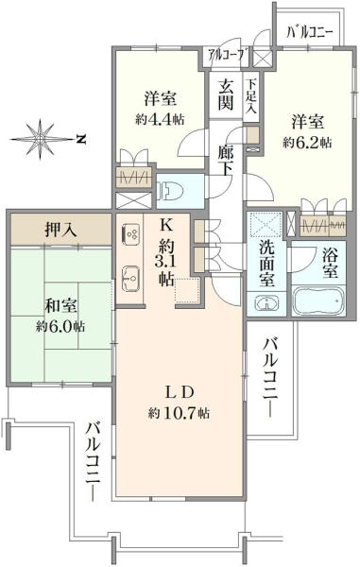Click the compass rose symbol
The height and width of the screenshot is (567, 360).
point(41,139)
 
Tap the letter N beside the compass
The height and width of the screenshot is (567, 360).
point(81,139)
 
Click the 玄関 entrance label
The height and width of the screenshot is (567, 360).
point(225,94)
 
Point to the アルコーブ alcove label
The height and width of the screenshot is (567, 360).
point(226,57)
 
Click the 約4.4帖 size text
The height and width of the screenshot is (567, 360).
point(160,119)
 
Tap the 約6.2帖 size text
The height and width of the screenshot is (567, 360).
point(307,143)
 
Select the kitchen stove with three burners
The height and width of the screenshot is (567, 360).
point(130,233)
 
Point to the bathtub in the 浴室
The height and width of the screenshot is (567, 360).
point(317,301)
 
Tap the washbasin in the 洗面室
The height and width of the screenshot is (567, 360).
point(266,303)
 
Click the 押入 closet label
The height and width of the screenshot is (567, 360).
point(61,230)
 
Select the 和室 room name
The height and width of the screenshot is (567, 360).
point(60,306)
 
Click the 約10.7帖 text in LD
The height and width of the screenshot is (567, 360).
point(179,412)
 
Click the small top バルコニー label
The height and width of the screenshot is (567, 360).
point(309,33)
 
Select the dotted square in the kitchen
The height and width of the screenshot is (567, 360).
point(187,291)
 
